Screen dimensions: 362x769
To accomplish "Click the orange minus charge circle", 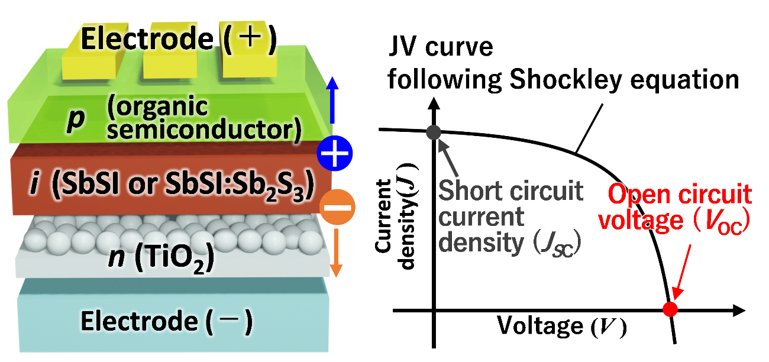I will click(x=334, y=207).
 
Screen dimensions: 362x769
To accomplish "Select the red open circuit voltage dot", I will click(x=670, y=309).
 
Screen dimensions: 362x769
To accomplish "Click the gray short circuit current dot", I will click(x=434, y=132).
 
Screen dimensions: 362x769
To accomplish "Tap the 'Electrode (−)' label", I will click(x=167, y=322).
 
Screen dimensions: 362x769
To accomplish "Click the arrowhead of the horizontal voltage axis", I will click(x=739, y=309).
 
